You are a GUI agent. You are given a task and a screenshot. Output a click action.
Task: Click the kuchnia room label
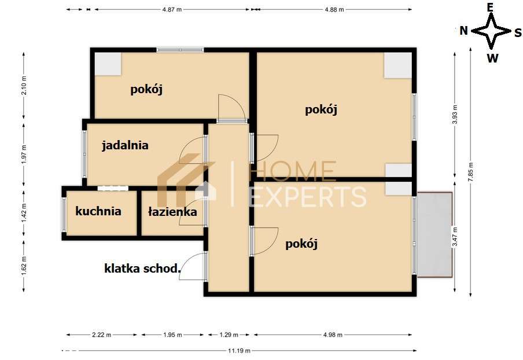pos(98,211)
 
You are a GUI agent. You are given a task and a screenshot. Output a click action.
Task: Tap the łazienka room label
pos(172,212)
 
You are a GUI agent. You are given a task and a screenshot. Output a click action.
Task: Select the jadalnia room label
pos(125,145)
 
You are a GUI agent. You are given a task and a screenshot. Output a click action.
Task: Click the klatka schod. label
pos(142,268)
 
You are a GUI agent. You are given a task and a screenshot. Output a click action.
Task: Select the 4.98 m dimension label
pos(333,335)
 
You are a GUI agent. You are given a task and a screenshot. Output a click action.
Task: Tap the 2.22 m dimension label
pos(102,335)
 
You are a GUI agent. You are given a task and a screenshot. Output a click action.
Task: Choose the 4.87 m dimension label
pos(172,10)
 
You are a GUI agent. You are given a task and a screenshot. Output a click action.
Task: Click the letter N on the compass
pos(463,31)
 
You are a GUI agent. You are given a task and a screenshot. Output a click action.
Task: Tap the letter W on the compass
pos(492,58)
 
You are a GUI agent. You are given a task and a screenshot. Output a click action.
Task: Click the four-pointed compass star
pos(491,31)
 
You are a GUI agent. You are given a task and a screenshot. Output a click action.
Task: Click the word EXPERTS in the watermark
pos(307,197)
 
